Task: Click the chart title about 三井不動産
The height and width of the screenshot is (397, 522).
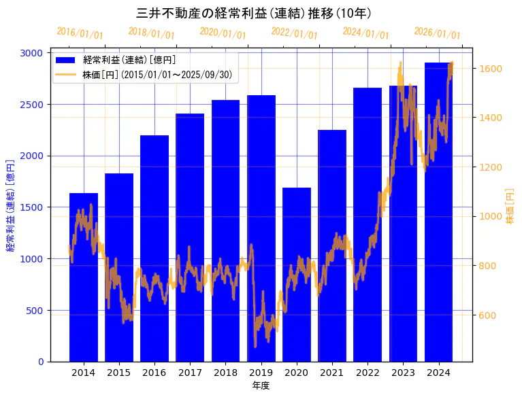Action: coord(254,13)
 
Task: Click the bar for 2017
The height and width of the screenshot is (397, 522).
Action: coord(190,238)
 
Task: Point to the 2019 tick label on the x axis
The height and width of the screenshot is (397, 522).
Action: coord(261,373)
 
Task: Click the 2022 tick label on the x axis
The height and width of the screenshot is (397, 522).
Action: coord(368,373)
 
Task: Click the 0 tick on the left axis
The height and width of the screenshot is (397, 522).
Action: coord(42,362)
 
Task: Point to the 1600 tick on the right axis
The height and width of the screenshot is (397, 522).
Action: coord(491,69)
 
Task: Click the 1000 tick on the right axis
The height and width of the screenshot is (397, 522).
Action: coord(491,216)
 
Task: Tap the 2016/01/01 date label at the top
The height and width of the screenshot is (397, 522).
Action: coord(80,33)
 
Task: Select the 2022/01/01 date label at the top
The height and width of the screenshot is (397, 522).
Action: coord(294,33)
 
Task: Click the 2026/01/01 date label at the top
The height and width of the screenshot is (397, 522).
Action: coord(437,33)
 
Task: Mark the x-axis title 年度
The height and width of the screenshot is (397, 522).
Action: coord(261,385)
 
